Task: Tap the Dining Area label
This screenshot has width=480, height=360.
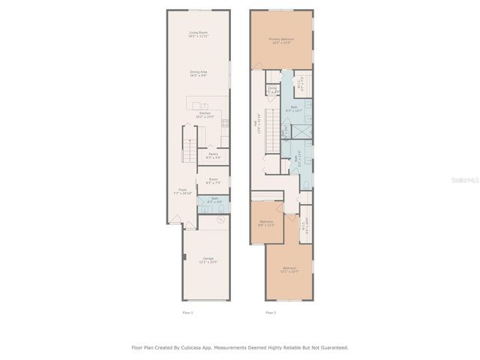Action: (x=199, y=73)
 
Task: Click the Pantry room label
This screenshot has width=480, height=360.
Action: (x=213, y=156)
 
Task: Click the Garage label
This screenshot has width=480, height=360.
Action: (x=208, y=259)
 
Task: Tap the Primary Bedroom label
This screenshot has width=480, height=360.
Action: (x=282, y=40)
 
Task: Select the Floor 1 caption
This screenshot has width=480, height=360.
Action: (x=187, y=312)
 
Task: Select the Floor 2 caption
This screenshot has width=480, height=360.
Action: (x=271, y=312)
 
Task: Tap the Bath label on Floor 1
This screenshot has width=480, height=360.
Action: (x=213, y=200)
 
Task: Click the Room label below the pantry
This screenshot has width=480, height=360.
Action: (x=213, y=180)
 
